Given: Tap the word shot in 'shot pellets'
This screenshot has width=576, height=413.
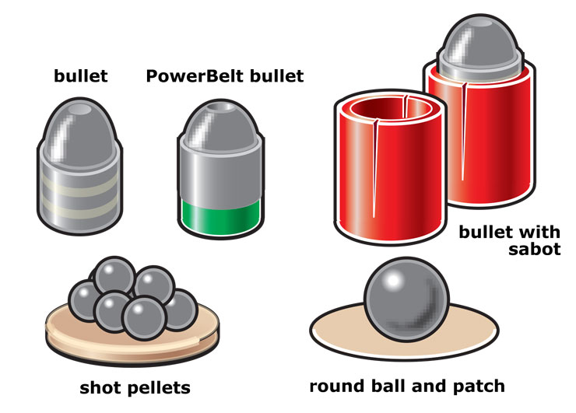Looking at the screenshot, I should point(101,387).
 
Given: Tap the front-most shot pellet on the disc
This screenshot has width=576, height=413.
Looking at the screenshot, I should point(143,317).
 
